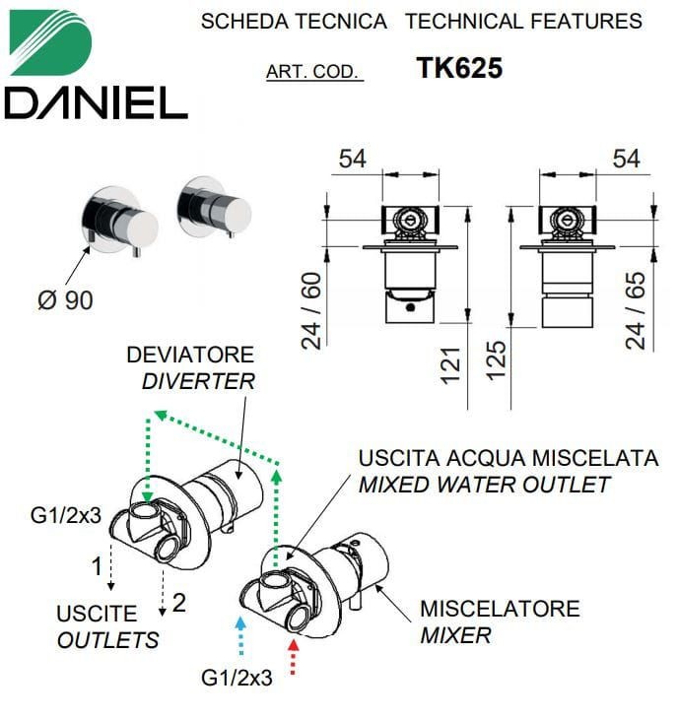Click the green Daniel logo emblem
(x=50, y=42)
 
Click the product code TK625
(x=459, y=68)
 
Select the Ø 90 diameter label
(x=65, y=300)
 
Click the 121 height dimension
(x=450, y=365)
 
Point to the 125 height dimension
(x=496, y=360)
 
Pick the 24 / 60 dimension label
(x=311, y=310)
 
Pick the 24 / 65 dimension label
(x=636, y=311)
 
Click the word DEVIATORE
(x=190, y=355)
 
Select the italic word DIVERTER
(x=198, y=381)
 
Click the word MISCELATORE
(x=501, y=609)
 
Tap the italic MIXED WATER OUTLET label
(x=484, y=485)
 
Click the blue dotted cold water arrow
(x=240, y=635)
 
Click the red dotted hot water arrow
(x=294, y=657)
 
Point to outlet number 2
(x=179, y=603)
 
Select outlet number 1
(x=97, y=566)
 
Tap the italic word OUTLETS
(x=108, y=640)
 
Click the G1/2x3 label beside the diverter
(x=65, y=516)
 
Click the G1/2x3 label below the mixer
(x=237, y=679)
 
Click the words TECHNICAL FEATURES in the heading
(x=524, y=22)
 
